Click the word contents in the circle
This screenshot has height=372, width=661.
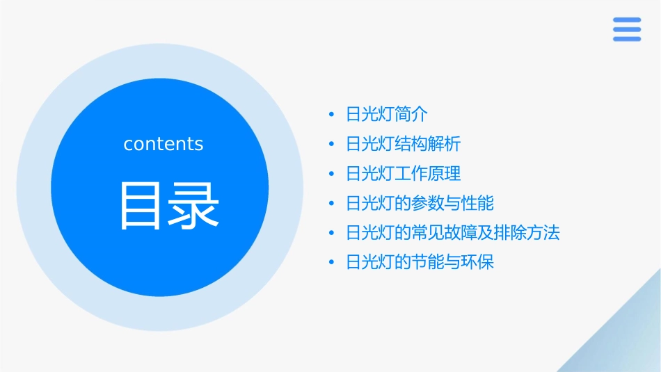(164, 144)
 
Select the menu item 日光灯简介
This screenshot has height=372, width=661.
(387, 114)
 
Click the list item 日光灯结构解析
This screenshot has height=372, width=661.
(403, 144)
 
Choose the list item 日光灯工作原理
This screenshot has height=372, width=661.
(403, 173)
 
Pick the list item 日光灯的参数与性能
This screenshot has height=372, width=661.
(420, 203)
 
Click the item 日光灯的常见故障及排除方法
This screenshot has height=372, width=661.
(452, 232)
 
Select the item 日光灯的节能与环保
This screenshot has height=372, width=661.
(420, 262)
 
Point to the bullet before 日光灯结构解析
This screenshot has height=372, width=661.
(332, 145)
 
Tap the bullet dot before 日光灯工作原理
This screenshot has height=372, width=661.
(332, 174)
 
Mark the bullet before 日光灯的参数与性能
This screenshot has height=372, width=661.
(332, 204)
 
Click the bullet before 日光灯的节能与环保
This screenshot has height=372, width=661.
(332, 263)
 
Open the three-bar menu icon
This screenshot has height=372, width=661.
(627, 29)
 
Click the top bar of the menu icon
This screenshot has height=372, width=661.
(627, 20)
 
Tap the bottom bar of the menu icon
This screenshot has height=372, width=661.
(627, 39)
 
